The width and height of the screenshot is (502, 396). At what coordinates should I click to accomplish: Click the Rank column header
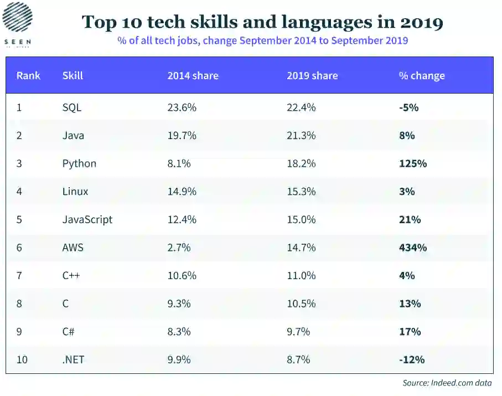28,75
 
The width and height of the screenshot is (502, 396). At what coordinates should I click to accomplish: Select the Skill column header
73,75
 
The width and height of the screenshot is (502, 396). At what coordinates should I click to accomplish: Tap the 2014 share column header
193,75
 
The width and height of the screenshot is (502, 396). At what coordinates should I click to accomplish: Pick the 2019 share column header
312,75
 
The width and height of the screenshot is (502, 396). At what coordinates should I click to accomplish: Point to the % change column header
422,75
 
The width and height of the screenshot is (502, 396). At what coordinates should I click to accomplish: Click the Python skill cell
79,163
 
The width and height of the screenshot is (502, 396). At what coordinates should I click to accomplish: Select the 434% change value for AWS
413,248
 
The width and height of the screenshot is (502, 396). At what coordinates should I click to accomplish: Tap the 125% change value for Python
413,163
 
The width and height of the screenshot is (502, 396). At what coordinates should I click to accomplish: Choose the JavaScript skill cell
87,219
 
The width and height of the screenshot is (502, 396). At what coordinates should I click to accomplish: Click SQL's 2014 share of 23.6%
182,107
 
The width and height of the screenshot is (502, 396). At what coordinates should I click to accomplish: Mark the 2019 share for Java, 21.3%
301,135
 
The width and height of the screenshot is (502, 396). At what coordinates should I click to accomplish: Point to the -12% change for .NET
412,359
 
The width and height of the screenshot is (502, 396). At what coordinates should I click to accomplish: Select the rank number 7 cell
19,275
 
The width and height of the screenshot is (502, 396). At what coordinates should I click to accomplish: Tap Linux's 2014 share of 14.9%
182,191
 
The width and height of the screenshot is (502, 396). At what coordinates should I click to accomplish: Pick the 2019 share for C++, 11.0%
301,275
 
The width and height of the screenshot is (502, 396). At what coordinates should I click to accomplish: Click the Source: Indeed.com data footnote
447,383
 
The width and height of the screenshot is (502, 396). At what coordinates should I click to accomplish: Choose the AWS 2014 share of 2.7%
179,248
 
